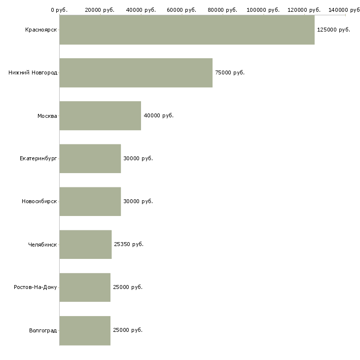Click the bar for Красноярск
[187, 30]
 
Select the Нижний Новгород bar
[136, 73]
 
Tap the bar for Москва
[100, 116]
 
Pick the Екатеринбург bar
[90, 159]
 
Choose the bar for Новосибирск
[90, 202]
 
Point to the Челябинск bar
[85, 245]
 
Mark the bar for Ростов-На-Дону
[85, 288]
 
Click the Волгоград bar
[85, 330]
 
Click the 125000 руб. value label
[333, 30]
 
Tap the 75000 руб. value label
[230, 73]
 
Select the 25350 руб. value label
[129, 244]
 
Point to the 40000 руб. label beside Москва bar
[159, 115]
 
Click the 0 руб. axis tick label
[59, 10]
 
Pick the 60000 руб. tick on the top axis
[181, 10]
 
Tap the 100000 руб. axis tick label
[263, 10]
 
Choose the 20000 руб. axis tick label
[100, 10]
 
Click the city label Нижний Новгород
[33, 73]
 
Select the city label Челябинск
[42, 245]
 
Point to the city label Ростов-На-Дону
[36, 287]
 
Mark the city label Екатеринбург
[38, 159]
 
